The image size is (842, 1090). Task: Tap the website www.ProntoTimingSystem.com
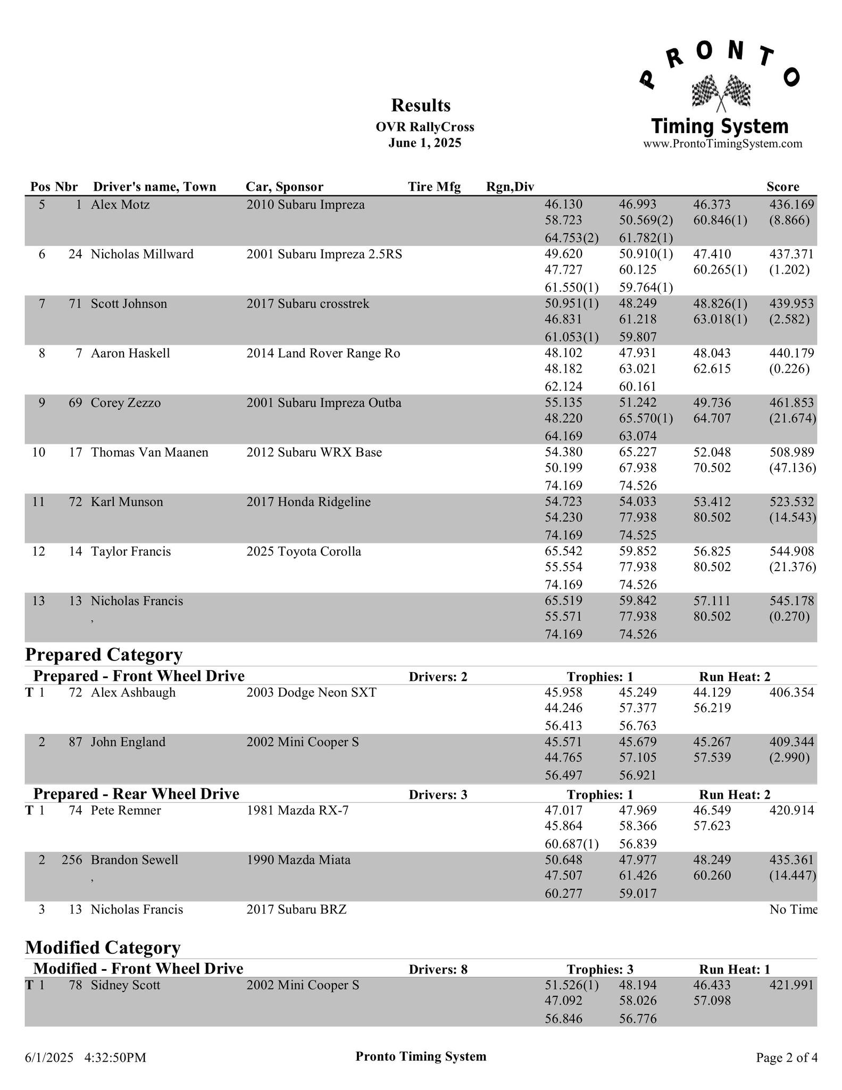point(722,144)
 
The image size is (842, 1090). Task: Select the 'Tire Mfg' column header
point(434,187)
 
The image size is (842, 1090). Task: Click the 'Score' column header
point(782,187)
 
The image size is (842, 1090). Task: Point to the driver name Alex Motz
point(120,205)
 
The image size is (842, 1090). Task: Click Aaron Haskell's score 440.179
point(791,353)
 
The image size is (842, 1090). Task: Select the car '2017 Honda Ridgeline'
point(309,502)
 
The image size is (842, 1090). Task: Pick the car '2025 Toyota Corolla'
point(304,551)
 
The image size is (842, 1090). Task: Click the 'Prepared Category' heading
point(104,654)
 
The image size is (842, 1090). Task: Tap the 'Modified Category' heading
point(103,948)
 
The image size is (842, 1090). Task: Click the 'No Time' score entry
point(793,910)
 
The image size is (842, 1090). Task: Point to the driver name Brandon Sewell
point(135,860)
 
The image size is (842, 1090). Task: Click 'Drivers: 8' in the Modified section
point(438,970)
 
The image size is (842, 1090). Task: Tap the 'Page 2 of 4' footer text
point(787,1058)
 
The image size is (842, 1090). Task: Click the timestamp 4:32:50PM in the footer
point(115,1058)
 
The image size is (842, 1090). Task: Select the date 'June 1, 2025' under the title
point(424,143)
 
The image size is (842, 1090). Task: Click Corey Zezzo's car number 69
point(75,403)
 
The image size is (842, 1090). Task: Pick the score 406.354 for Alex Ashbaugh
point(791,692)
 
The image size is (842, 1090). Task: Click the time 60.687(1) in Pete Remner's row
point(572,844)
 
